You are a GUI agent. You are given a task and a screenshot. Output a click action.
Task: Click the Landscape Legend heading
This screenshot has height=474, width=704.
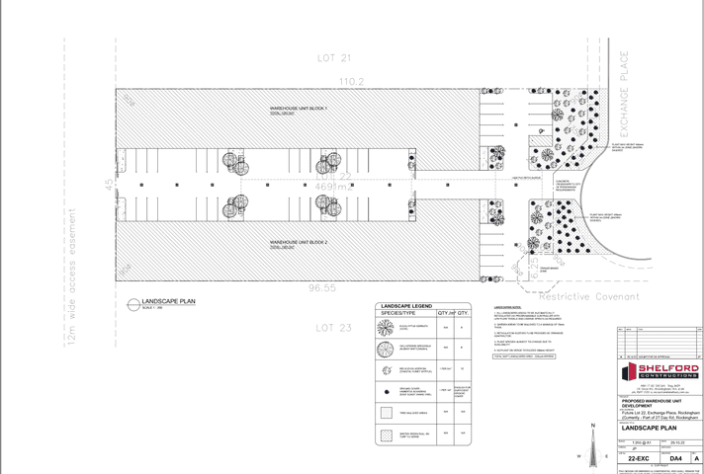click(407, 306)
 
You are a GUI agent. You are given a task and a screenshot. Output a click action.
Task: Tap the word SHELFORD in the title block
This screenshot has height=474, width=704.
click(670, 368)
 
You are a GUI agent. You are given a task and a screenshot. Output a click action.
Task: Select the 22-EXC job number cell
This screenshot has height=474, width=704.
click(638, 458)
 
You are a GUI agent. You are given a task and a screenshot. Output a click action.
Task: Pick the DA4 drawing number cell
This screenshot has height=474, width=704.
click(675, 458)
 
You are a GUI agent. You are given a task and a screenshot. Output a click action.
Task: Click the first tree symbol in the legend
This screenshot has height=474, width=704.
click(385, 328)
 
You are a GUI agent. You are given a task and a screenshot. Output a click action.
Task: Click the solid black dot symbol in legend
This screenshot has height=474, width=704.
click(385, 391)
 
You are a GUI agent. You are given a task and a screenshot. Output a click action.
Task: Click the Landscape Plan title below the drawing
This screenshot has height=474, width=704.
click(168, 301)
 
